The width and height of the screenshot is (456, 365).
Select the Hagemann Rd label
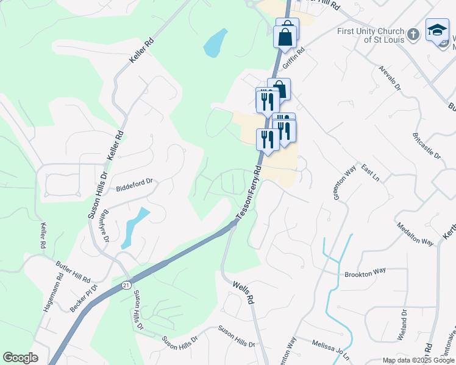click(x=53, y=296)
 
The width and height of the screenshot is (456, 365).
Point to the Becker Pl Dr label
click(x=83, y=297)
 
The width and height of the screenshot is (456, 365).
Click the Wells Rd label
click(x=243, y=292)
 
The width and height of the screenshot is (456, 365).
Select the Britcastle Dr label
click(x=426, y=145)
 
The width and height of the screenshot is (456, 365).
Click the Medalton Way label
click(x=415, y=233)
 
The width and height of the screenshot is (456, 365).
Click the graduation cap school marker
click(x=436, y=30)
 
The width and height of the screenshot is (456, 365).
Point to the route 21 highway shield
click(x=126, y=285)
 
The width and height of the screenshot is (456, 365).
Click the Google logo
click(x=20, y=358)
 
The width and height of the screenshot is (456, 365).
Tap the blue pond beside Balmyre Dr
click(x=134, y=226)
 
